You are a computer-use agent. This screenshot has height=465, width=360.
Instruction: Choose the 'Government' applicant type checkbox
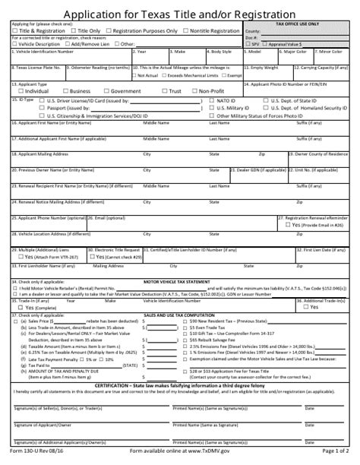(105, 90)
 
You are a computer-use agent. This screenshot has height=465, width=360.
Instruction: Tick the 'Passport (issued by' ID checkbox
(42, 108)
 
